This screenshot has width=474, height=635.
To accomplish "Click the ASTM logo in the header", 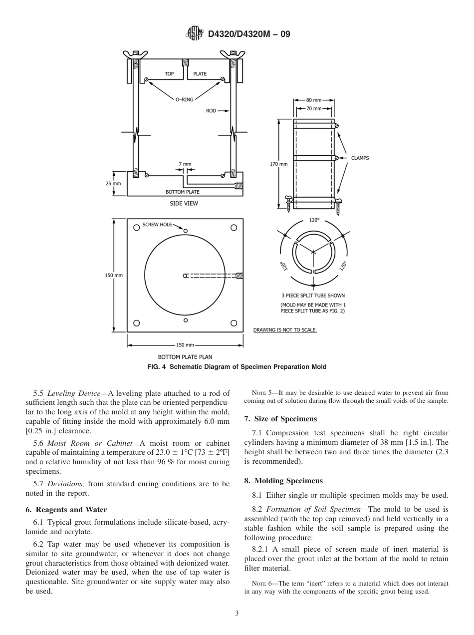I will tap(195, 34).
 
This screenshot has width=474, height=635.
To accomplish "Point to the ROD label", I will tap(211, 111).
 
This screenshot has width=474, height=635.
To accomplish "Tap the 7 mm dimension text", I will tap(185, 164).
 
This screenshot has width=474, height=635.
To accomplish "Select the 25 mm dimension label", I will tap(113, 183).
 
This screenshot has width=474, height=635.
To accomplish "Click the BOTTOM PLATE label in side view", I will tap(183, 192).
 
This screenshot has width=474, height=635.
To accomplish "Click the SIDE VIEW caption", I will tap(184, 203).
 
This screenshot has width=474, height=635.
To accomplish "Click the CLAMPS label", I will tap(360, 158).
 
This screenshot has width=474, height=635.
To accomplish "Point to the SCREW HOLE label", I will tap(157, 225).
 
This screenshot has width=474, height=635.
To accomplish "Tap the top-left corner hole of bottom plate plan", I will tap(136, 228).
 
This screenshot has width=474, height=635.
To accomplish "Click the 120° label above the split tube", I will tap(314, 219).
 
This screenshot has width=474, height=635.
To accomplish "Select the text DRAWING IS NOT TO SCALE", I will tap(285, 330).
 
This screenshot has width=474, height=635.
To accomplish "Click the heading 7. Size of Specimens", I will tap(280, 418).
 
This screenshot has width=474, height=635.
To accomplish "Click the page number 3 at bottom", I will tap(237, 614).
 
